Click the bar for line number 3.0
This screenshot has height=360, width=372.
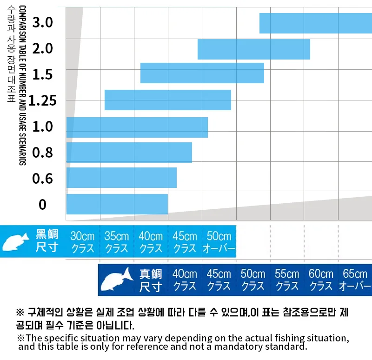click(x=315, y=23)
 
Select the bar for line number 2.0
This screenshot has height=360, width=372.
click(x=253, y=49)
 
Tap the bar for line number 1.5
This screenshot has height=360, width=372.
click(x=202, y=73)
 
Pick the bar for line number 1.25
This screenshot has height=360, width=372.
click(x=167, y=100)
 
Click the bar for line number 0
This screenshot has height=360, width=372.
click(x=117, y=204)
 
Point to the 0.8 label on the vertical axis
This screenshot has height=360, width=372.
click(x=42, y=153)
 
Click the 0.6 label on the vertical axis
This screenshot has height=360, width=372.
click(x=42, y=179)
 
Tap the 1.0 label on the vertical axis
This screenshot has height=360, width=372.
click(x=42, y=127)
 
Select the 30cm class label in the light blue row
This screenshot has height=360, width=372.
click(x=83, y=242)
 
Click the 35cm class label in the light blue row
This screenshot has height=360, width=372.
click(x=117, y=242)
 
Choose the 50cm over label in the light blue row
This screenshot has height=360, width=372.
click(x=219, y=242)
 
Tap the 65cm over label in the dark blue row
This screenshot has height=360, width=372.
click(x=355, y=280)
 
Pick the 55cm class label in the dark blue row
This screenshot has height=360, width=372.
click(x=287, y=280)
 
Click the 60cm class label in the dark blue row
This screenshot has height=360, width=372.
click(x=321, y=280)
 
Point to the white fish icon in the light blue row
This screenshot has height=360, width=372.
click(x=16, y=242)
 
